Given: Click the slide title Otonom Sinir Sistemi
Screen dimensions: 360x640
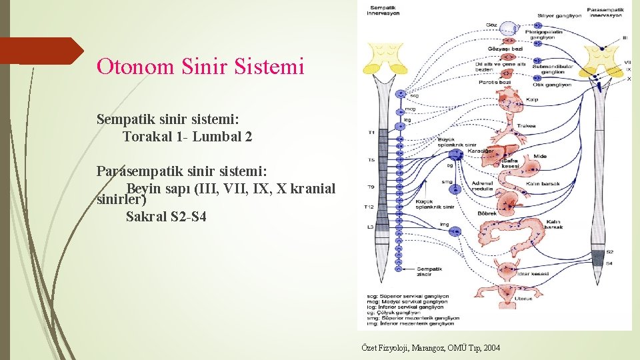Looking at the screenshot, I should pyautogui.click(x=200, y=67).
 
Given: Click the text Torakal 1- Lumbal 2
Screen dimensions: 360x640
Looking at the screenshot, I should pyautogui.click(x=187, y=137).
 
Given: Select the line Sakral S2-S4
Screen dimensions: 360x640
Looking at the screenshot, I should pyautogui.click(x=161, y=217).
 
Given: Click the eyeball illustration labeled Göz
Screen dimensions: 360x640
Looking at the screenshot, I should pyautogui.click(x=509, y=29).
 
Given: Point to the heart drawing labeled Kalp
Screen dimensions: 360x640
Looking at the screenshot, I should pyautogui.click(x=514, y=100).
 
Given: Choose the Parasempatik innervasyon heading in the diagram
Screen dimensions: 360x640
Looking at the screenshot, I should pyautogui.click(x=603, y=11).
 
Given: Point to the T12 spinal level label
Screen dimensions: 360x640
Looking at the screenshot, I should pyautogui.click(x=370, y=207).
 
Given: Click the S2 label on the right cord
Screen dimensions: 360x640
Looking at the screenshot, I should pyautogui.click(x=609, y=252).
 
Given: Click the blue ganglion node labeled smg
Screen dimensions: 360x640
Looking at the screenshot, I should pyautogui.click(x=457, y=189).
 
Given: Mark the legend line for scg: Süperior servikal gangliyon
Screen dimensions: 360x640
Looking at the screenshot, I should pyautogui.click(x=407, y=296).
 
